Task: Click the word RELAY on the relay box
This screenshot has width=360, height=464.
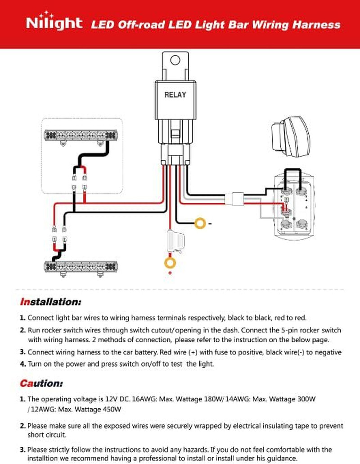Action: [175, 95]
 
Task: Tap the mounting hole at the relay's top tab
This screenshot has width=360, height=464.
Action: [175, 60]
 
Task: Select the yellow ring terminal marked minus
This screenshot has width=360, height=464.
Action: [200, 223]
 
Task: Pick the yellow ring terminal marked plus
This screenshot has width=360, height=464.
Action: [170, 262]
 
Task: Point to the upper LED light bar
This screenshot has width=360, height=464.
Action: [81, 137]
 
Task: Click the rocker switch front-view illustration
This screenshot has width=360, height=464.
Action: [290, 136]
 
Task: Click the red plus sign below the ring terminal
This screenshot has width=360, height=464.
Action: [170, 273]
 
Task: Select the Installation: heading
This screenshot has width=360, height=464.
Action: [50, 302]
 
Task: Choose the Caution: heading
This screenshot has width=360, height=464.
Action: [41, 383]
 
